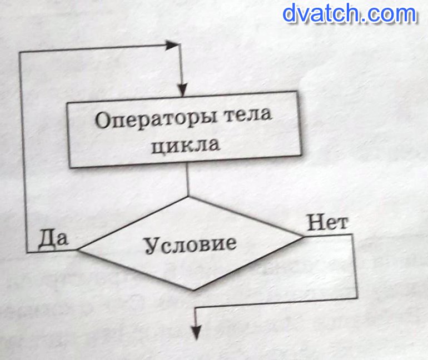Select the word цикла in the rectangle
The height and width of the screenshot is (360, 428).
tap(189, 146)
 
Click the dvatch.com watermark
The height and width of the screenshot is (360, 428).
tap(349, 13)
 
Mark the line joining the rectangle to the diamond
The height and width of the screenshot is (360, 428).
tap(189, 182)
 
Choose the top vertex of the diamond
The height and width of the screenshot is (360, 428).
tap(189, 196)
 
